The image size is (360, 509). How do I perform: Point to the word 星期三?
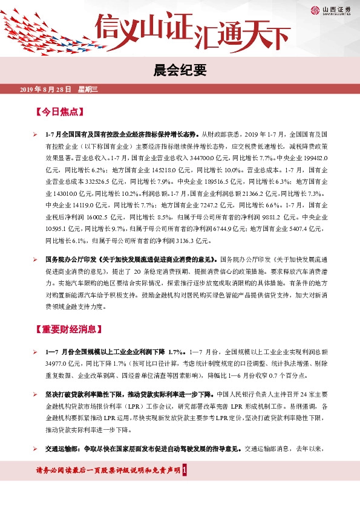coord(88,89)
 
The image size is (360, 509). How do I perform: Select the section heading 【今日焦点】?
coord(61,112)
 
